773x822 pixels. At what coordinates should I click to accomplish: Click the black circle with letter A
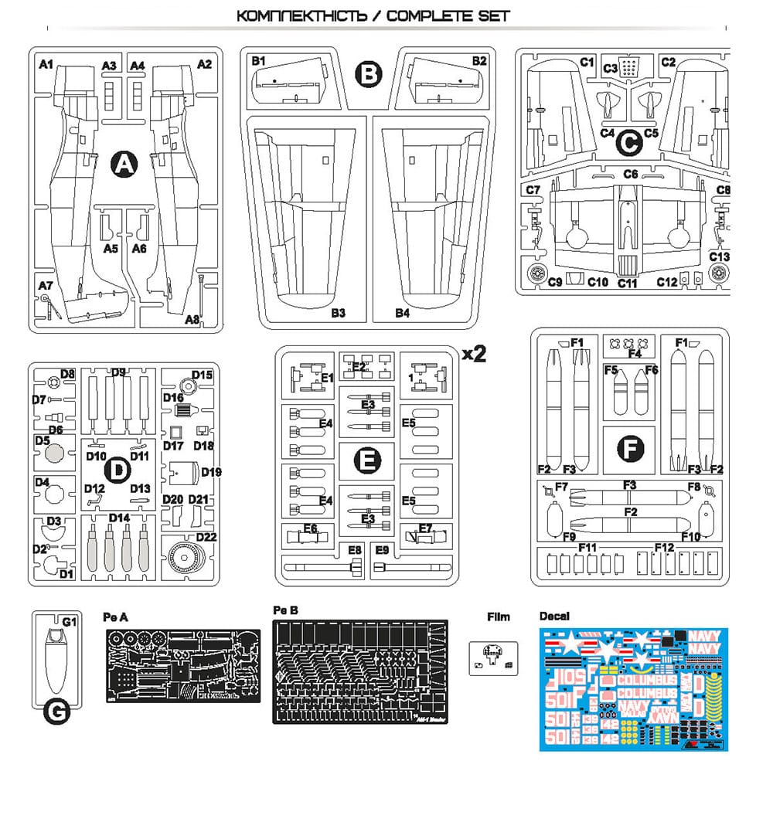(123, 164)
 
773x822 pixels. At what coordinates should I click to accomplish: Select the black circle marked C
(630, 142)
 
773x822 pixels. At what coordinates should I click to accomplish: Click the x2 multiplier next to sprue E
(473, 354)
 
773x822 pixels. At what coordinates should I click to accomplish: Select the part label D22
(206, 537)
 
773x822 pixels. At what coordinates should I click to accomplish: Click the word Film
(499, 616)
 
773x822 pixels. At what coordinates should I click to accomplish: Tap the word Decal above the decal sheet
(553, 616)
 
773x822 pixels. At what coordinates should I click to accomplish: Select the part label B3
(338, 313)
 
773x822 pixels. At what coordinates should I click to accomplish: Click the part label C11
(627, 284)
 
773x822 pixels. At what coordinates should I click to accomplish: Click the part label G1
(70, 622)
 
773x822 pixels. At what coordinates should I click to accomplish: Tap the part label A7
(46, 286)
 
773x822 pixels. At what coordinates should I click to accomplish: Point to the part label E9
(383, 550)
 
